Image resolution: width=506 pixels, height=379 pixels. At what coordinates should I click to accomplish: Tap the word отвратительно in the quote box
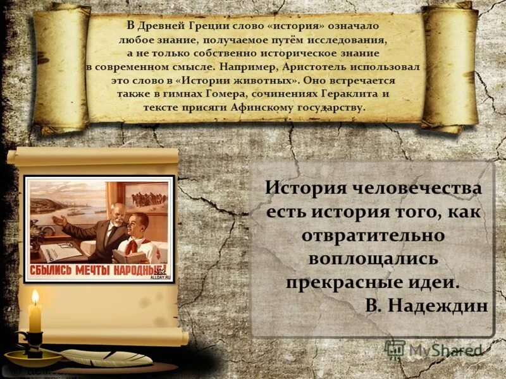point(373,234)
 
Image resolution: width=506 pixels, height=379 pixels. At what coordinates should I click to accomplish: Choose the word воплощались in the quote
point(373,258)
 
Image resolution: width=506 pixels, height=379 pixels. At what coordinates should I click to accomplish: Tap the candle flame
point(35,297)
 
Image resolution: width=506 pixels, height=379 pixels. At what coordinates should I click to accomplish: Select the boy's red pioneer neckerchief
point(130,244)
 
